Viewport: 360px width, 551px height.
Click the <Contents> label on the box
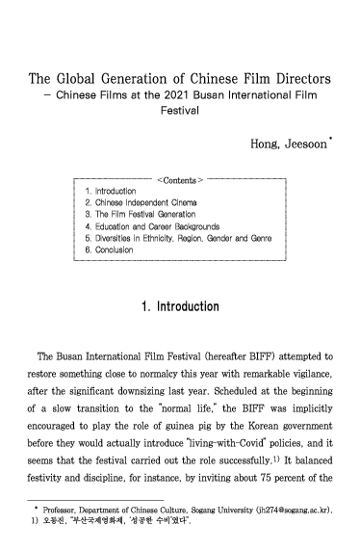pos(179,179)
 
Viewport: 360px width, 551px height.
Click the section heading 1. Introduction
pos(179,307)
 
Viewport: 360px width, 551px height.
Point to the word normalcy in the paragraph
pos(174,375)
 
